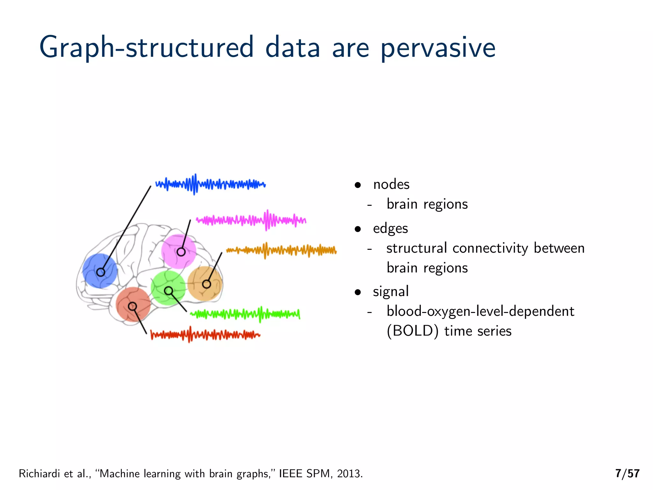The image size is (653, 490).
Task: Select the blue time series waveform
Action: click(210, 184)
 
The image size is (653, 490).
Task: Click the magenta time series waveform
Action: click(251, 220)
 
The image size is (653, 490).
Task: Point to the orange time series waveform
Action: click(281, 250)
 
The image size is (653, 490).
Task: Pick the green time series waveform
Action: click(245, 314)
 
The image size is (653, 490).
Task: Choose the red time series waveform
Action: click(205, 335)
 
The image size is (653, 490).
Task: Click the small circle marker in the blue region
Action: click(101, 272)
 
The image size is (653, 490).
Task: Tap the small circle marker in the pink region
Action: click(181, 252)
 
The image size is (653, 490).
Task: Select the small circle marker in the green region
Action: click(169, 291)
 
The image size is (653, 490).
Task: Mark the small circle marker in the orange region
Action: click(207, 284)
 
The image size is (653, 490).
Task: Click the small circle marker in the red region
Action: click(132, 307)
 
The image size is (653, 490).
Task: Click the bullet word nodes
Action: click(391, 184)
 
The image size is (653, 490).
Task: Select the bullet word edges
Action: click(390, 228)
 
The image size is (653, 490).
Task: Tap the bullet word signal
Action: click(391, 292)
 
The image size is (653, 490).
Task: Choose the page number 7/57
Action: click(627, 473)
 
